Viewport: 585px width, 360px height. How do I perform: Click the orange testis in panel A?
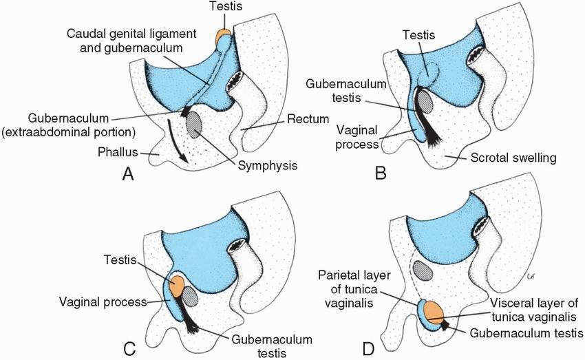pos(224,36)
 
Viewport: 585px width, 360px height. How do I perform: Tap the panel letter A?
pos(127,174)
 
